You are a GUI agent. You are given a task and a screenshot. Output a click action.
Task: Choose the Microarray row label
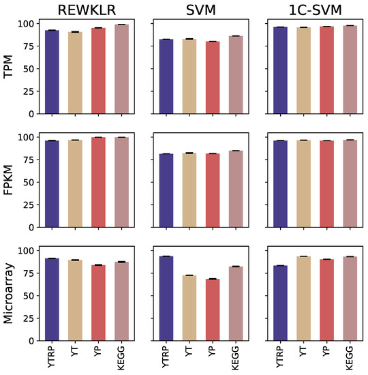tap(10, 292)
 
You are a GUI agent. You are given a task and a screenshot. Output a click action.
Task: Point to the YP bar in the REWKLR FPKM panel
tap(99, 182)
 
